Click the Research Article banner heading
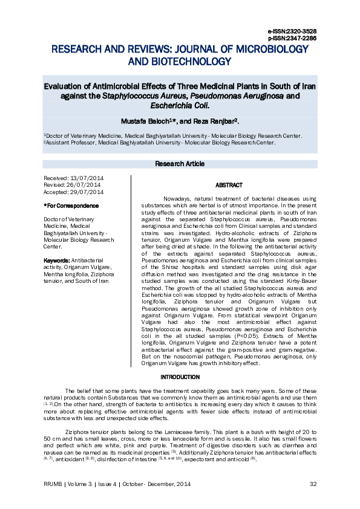pos(180,164)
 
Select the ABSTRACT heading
pos(229,185)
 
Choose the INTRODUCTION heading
pos(180,377)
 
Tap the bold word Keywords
pos(57,260)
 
